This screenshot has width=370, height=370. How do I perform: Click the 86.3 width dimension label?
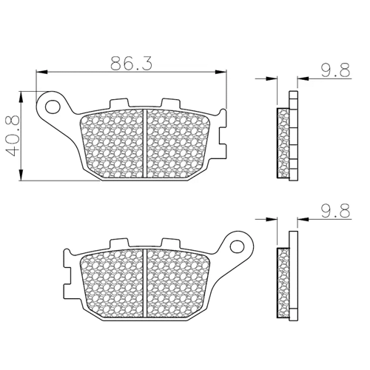pos(131,64)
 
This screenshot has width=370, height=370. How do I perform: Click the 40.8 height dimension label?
pos(13,135)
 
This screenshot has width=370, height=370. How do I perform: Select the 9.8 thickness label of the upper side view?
pos(335,70)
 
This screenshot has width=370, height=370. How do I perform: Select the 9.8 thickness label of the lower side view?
pos(335,210)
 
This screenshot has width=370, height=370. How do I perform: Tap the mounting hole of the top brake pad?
pos(53,107)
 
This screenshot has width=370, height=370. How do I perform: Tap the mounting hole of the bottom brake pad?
pos(237,246)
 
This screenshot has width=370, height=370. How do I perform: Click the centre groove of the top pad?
pos(145,144)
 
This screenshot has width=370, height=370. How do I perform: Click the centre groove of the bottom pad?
pos(145,283)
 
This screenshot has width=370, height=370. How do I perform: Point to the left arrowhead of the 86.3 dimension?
pos(41,72)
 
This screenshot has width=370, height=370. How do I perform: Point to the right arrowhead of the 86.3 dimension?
pos(221,72)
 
